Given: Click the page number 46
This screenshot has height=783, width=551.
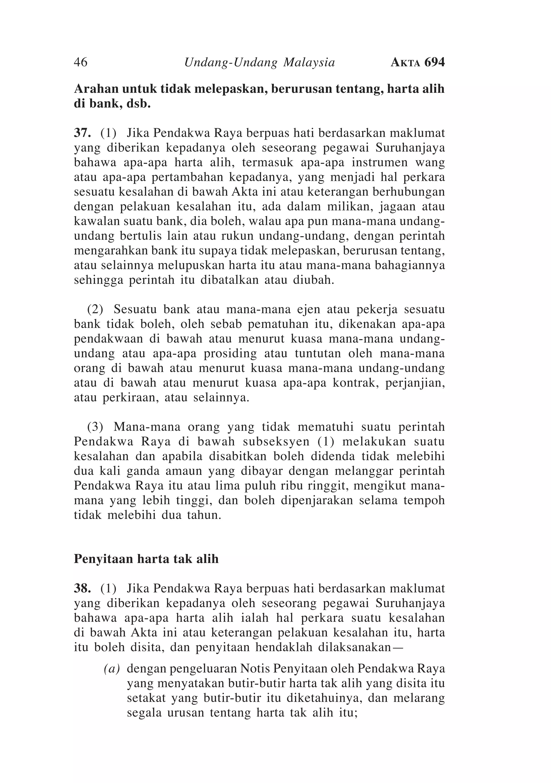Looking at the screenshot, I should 80,62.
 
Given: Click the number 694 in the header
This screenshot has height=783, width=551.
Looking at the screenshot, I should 435,62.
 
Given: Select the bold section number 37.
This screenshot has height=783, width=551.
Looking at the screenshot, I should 82,133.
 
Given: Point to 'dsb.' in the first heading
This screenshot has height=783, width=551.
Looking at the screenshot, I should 139,104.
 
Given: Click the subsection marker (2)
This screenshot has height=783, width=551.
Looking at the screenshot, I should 95,310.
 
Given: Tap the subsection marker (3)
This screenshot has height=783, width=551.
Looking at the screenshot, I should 95,427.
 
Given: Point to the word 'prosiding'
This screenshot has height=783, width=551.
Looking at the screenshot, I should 230,354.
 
